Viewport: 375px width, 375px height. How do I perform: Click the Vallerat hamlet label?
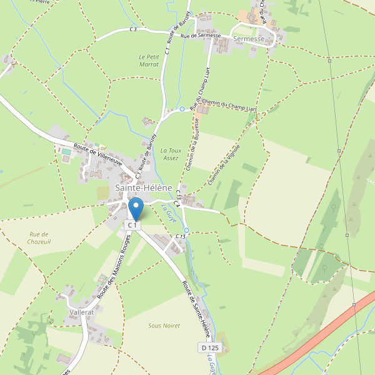(x=82, y=311)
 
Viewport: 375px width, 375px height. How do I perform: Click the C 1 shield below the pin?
(x=133, y=225)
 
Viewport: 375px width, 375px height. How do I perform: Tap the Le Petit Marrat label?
(x=149, y=61)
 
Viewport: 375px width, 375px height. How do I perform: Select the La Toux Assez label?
(x=169, y=154)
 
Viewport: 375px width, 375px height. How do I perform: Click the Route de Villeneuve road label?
(x=97, y=152)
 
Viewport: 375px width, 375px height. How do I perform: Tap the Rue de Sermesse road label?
(x=201, y=36)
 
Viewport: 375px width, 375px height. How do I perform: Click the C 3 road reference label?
(x=133, y=29)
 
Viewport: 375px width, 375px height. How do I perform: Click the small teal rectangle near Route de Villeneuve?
(x=66, y=151)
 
